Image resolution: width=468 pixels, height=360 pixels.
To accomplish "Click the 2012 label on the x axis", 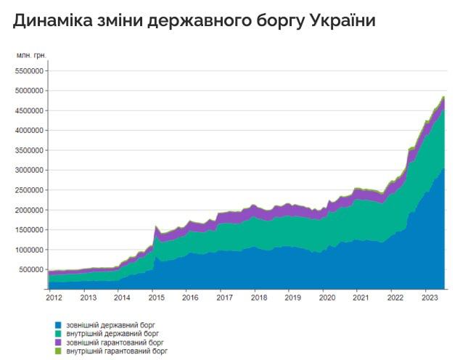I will click(54, 297).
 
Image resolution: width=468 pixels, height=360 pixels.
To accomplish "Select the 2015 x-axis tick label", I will click(155, 297).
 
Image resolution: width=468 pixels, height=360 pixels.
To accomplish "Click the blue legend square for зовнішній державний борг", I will click(58, 325).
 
